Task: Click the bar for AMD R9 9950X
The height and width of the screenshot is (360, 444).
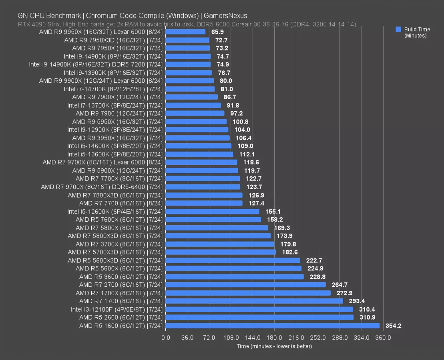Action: click(185, 32)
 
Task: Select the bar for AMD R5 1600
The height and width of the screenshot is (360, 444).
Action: click(272, 326)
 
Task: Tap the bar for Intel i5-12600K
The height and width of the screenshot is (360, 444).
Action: click(212, 211)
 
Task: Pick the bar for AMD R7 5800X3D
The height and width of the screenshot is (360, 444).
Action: click(218, 236)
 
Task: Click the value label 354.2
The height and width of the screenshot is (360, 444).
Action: click(393, 326)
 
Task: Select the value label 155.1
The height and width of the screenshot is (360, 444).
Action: click(273, 211)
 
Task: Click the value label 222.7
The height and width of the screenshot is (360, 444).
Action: click(314, 260)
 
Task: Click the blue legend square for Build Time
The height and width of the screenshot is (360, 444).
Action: click(398, 30)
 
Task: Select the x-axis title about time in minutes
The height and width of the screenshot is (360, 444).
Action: click(274, 346)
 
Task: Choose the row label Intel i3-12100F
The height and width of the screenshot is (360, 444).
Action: click(117, 309)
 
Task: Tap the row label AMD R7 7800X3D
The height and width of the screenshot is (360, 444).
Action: click(115, 195)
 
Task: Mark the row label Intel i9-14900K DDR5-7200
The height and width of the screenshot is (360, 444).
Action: click(96, 64)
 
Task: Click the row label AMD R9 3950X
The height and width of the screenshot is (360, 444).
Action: click(117, 138)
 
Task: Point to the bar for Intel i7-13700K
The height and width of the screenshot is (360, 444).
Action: click(193, 105)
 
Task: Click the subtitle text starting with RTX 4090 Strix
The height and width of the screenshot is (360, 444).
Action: click(187, 24)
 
